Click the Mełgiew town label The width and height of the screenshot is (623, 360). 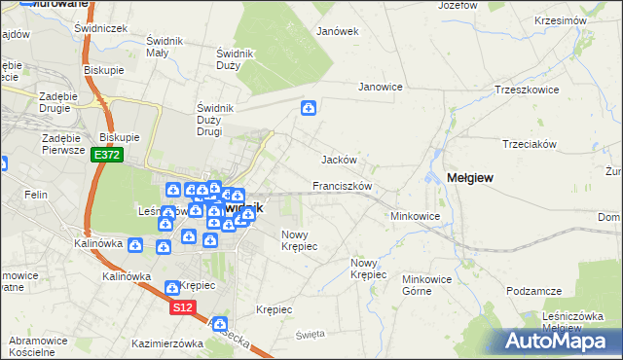[470, 177]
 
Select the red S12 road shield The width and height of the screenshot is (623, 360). [183, 306]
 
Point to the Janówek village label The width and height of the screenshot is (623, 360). [338, 30]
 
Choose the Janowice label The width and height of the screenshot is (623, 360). [380, 87]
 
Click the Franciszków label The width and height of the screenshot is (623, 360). [343, 185]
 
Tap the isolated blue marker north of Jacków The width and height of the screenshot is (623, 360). [309, 108]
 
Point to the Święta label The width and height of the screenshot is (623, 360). [310, 334]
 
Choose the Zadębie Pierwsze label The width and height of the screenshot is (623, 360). [61, 145]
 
